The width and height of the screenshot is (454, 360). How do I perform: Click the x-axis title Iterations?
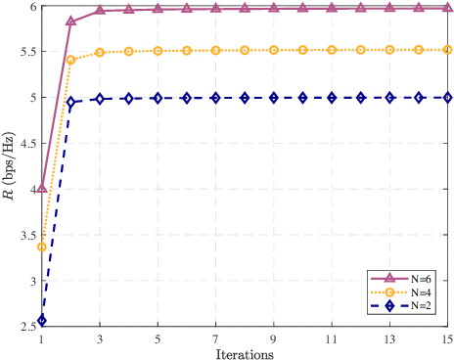[x=245, y=352]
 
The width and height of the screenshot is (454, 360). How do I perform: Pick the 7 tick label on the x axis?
[x=215, y=338]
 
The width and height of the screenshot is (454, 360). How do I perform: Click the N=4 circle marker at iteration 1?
[x=41, y=247]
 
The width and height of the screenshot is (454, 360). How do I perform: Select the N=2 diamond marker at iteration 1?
[x=41, y=320]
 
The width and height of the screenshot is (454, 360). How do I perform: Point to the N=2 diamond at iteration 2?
[x=70, y=102]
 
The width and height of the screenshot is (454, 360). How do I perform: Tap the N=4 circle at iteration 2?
[x=70, y=60]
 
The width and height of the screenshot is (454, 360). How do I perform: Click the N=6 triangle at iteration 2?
[x=70, y=21]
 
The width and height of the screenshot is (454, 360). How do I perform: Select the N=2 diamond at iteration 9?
[x=274, y=98]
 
